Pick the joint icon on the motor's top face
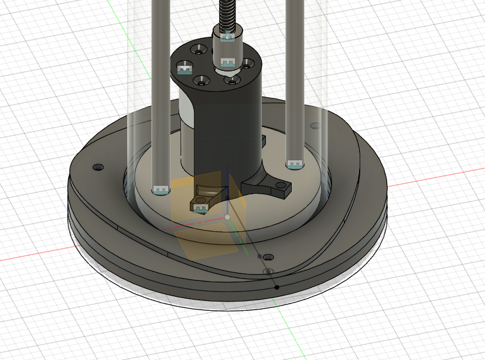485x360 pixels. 186,68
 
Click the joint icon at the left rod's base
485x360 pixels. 160,190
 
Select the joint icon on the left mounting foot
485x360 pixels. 201,207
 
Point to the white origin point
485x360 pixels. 227,217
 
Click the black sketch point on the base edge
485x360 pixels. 277,287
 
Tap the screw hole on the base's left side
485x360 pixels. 97,167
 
